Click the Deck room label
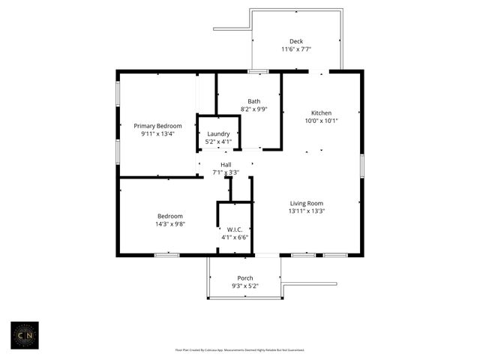[296, 41]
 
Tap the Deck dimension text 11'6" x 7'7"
[296, 49]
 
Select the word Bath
[254, 101]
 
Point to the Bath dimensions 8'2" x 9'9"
[254, 109]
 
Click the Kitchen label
[322, 112]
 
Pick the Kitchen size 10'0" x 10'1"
[322, 121]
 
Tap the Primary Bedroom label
[157, 126]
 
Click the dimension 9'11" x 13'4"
[157, 134]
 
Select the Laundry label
[219, 133]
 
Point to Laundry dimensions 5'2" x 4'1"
[219, 142]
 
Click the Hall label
[226, 164]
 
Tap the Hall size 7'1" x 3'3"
[226, 172]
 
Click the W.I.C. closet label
[233, 229]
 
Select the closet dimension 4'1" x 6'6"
[234, 237]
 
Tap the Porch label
[244, 278]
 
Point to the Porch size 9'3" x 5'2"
[244, 286]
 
